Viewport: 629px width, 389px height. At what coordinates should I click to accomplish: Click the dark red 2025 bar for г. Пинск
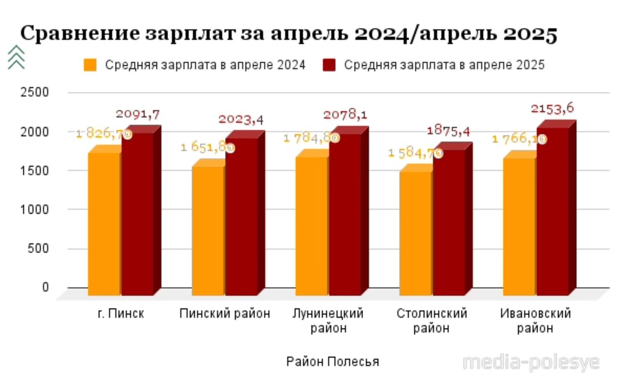(x=138, y=214)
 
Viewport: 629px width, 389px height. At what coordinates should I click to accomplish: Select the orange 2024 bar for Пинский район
(x=208, y=231)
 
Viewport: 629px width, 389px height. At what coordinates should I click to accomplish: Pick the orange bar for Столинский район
(x=416, y=233)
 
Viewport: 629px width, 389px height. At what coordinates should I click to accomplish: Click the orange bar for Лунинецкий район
(x=312, y=226)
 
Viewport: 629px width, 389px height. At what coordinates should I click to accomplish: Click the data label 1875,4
(x=448, y=131)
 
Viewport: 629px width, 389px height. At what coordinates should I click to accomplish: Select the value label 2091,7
(x=138, y=114)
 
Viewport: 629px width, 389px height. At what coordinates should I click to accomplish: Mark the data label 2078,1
(x=345, y=115)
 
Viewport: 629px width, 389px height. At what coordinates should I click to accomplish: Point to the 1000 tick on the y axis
(x=34, y=210)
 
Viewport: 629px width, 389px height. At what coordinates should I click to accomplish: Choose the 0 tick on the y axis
(x=45, y=287)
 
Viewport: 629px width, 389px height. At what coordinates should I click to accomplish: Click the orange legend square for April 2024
(x=90, y=65)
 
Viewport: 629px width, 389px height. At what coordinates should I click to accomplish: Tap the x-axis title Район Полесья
(x=333, y=362)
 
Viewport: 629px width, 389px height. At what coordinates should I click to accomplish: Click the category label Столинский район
(x=431, y=321)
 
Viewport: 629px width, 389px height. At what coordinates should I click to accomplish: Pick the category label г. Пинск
(x=121, y=314)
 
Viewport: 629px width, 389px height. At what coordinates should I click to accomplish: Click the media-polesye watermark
(x=531, y=362)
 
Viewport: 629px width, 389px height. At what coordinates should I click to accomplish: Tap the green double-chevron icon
(x=16, y=57)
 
